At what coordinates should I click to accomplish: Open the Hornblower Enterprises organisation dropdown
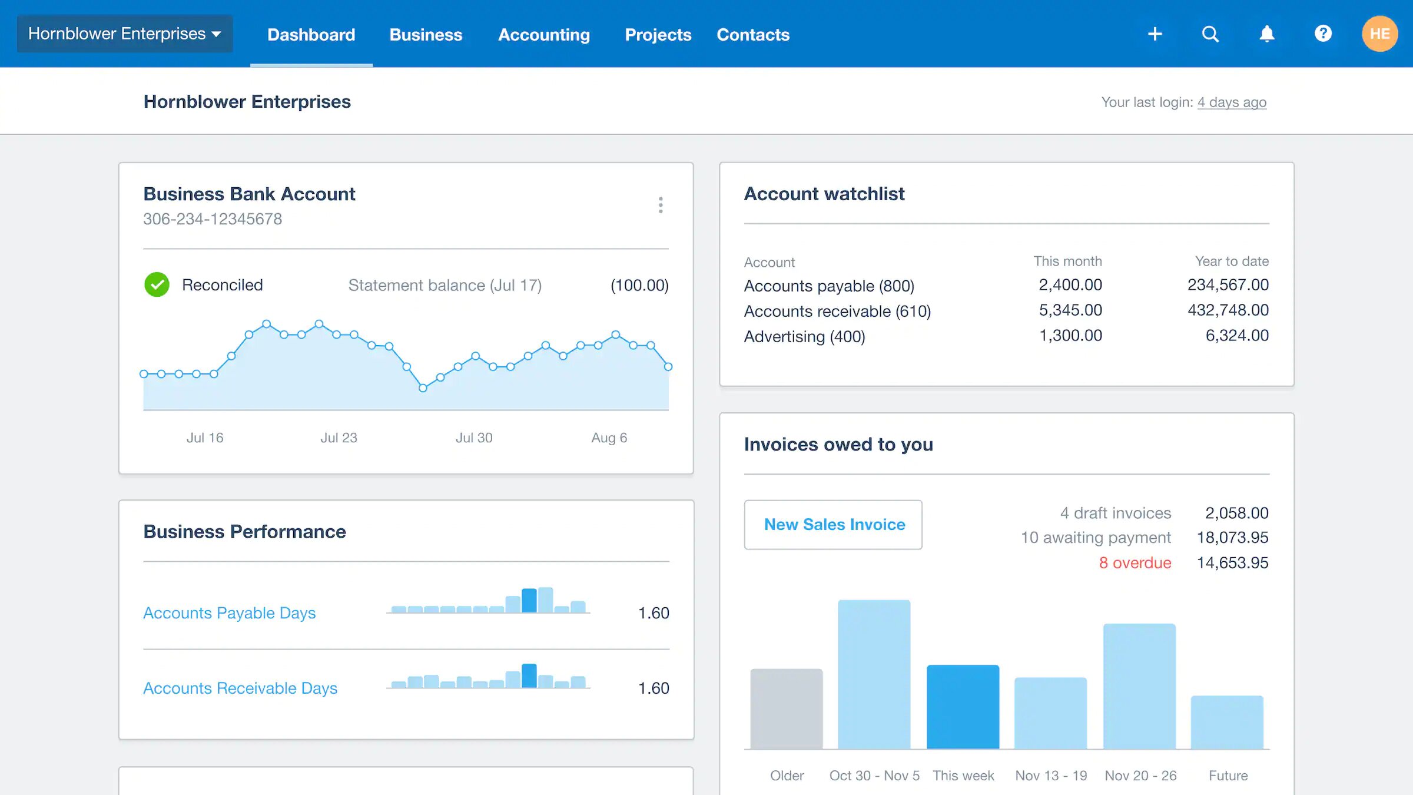[x=125, y=34]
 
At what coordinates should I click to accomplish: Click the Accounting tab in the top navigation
[x=543, y=35]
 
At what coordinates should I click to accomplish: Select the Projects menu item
[x=658, y=35]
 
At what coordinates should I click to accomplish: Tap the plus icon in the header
[x=1155, y=34]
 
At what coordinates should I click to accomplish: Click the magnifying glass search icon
[x=1210, y=34]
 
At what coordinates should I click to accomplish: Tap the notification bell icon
[x=1266, y=34]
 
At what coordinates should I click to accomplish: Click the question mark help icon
[x=1323, y=34]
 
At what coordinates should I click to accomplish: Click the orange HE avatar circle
[x=1379, y=34]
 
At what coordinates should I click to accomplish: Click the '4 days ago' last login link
[x=1232, y=102]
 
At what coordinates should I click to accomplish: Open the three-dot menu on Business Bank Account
[x=661, y=205]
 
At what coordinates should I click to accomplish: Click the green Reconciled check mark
[x=157, y=284]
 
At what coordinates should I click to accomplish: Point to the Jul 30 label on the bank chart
[x=474, y=438]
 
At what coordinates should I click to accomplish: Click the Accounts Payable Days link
[x=229, y=612]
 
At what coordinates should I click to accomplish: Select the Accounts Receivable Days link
[x=240, y=688]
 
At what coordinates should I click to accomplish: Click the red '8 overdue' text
[x=1135, y=562]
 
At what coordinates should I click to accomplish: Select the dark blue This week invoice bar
[x=963, y=707]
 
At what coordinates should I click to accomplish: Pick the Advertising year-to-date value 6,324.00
[x=1236, y=336]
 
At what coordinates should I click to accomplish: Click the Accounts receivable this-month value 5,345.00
[x=1070, y=310]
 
